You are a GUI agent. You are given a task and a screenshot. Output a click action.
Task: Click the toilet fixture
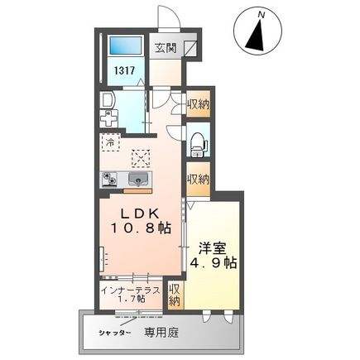pyautogui.click(x=197, y=142)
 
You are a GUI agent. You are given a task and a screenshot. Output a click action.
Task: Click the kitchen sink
pyautogui.click(x=137, y=179)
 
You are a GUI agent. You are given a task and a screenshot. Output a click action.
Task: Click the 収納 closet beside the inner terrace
pyautogui.click(x=175, y=295)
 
